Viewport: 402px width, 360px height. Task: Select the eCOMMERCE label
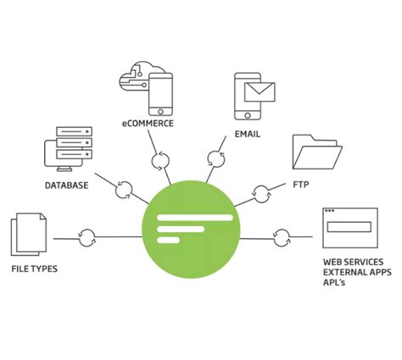[x=148, y=124]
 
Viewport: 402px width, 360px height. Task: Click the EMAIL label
[x=247, y=135]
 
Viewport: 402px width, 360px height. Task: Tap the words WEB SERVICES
[x=352, y=263]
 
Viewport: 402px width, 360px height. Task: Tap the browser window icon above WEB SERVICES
[x=349, y=228]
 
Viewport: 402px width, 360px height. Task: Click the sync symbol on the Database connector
[x=124, y=187]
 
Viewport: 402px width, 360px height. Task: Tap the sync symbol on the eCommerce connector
[x=161, y=161]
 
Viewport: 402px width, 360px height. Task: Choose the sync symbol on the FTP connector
[x=263, y=194]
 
